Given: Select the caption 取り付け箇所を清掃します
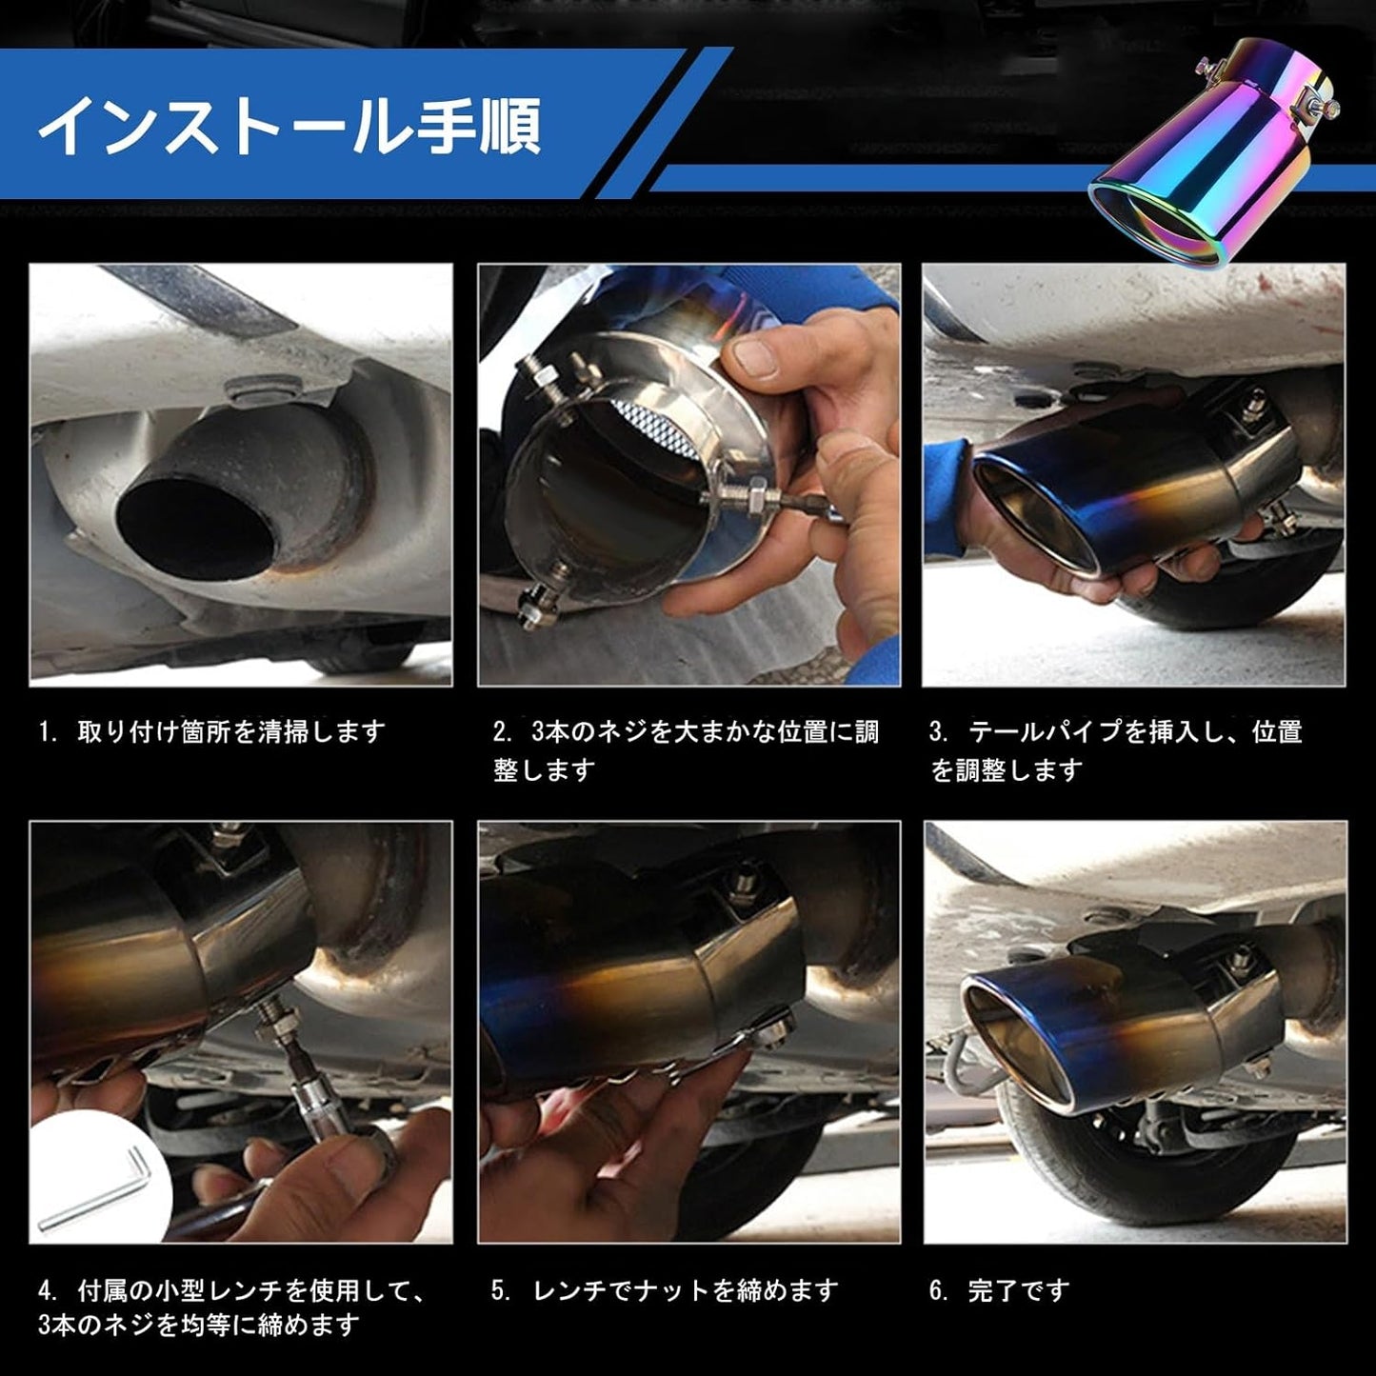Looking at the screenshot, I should pyautogui.click(x=230, y=731).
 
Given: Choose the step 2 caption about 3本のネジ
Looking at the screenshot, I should pyautogui.click(x=686, y=749).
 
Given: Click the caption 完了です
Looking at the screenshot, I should pyautogui.click(x=1018, y=1290).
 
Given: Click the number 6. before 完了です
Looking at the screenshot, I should pyautogui.click(x=939, y=1290).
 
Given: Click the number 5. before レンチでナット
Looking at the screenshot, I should pyautogui.click(x=502, y=1290).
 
